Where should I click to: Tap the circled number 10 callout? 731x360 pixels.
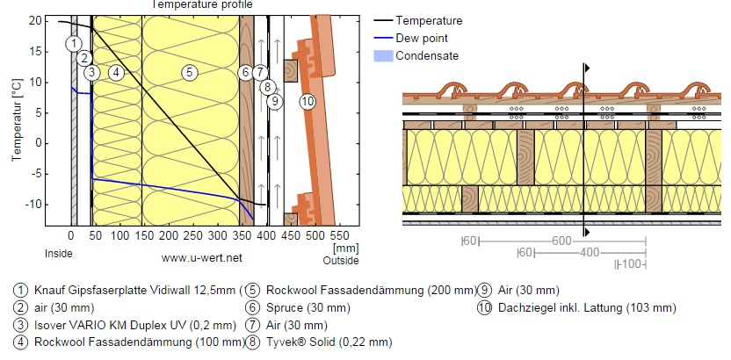tap(308, 101)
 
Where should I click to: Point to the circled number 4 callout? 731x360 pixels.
tap(115, 72)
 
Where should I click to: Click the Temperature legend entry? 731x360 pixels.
tap(429, 20)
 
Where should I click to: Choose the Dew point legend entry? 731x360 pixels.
tap(423, 38)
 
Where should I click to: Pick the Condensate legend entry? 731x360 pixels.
tap(426, 55)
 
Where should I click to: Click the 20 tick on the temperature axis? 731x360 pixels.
tap(36, 20)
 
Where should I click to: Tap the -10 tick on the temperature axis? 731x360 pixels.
tap(34, 204)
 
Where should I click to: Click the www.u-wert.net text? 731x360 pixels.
tap(201, 258)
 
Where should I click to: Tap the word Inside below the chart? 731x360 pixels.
tap(58, 254)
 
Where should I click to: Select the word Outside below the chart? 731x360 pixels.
tap(341, 261)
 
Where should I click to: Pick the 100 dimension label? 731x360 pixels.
tap(631, 263)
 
